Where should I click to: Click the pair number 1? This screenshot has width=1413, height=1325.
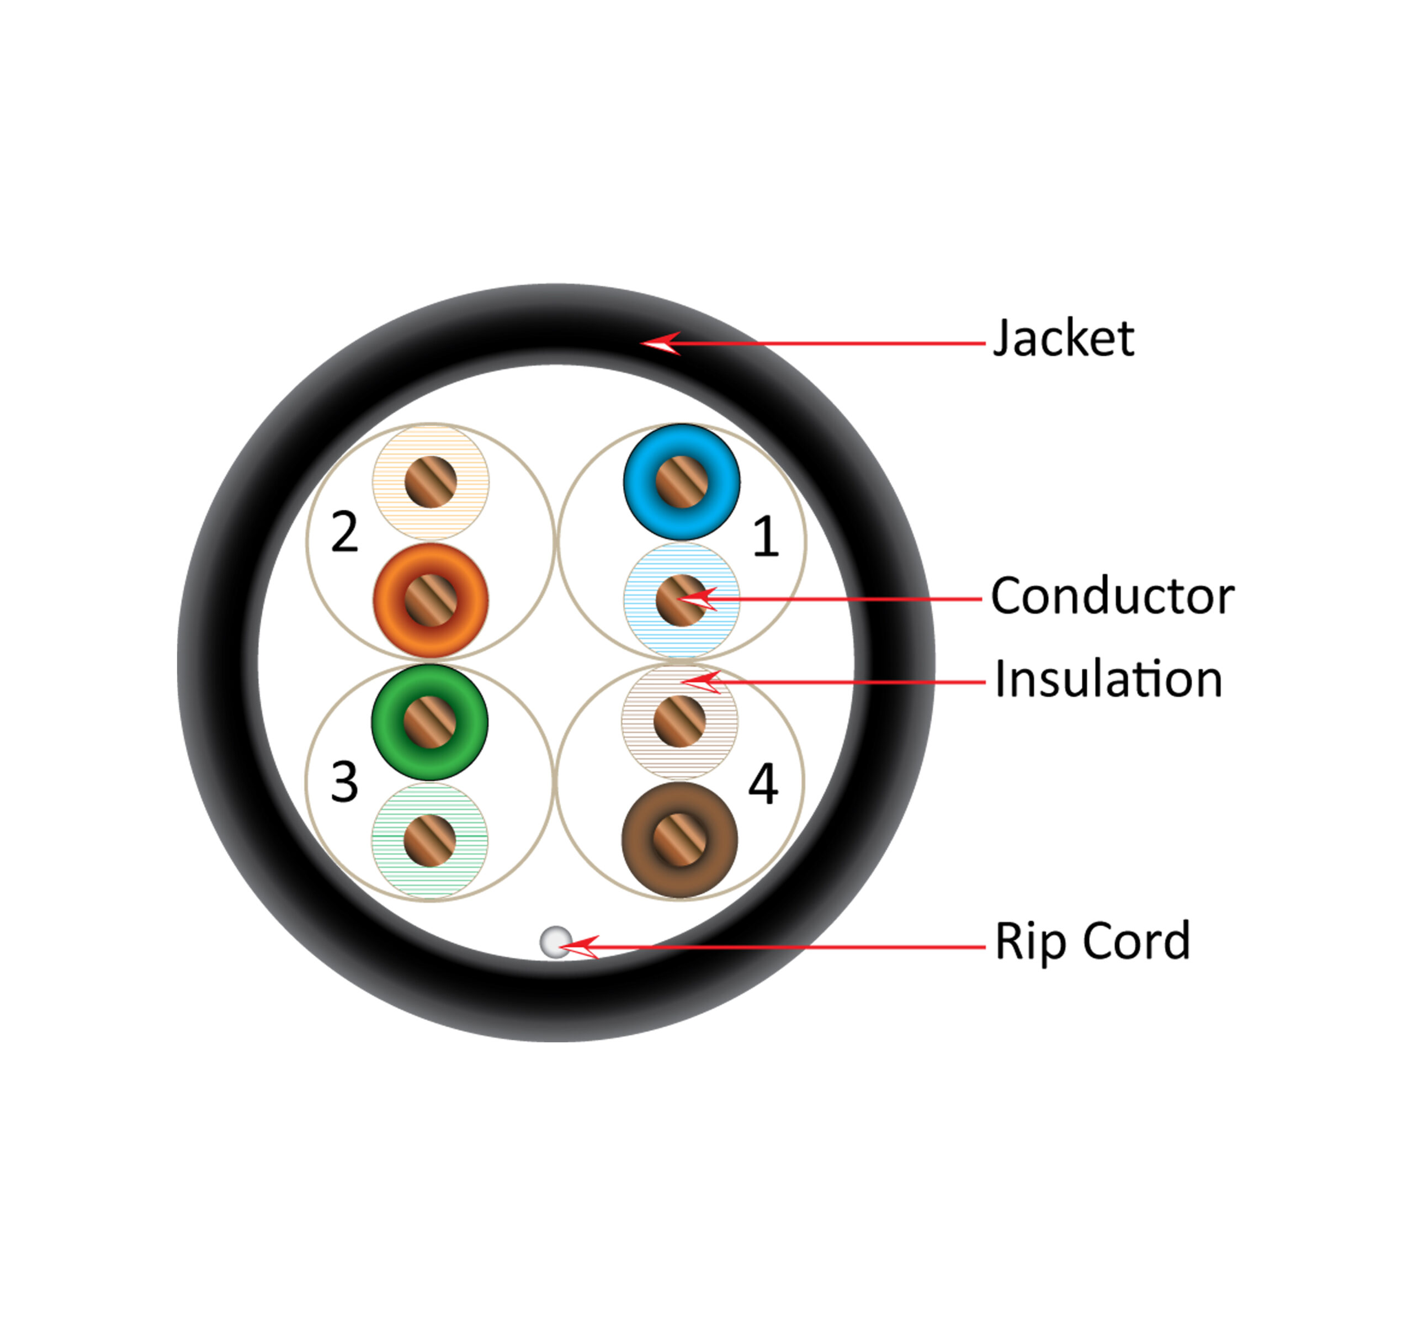tap(765, 536)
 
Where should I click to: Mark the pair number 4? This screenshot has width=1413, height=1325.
tap(763, 784)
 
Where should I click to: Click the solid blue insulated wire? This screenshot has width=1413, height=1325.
tap(681, 481)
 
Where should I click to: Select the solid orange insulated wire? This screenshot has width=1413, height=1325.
tap(430, 600)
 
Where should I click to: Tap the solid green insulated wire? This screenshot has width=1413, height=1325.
tap(429, 722)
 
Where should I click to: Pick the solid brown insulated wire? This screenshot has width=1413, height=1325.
tap(679, 840)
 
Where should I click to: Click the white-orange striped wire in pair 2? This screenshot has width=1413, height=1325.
tap(431, 481)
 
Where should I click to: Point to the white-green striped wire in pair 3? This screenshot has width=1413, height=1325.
tap(429, 840)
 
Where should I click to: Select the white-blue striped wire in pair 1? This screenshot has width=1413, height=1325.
tap(681, 600)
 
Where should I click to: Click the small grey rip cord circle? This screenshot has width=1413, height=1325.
tap(556, 942)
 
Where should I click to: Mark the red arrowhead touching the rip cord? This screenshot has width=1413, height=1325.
tap(578, 947)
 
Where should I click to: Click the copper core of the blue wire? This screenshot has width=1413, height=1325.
tap(682, 482)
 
